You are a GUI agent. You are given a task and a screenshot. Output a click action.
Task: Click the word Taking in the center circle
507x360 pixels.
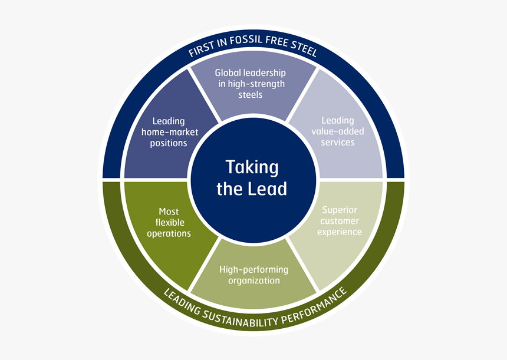coord(252,167)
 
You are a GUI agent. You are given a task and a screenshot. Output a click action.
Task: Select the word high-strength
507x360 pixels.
coord(255,84)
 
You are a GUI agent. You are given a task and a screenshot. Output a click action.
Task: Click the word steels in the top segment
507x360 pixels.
coord(251,94)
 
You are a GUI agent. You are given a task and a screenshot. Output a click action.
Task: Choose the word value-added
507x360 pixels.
coord(337,131)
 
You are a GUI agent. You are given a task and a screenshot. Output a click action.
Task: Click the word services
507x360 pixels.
coord(338,143)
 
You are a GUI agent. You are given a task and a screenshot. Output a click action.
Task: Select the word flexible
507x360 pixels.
coord(170,223)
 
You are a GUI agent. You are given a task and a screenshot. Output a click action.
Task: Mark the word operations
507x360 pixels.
coord(169,233)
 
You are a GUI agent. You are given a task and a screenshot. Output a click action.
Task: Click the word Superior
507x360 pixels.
coord(340,210)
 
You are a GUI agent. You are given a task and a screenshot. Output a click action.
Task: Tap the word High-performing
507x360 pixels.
coord(254,270)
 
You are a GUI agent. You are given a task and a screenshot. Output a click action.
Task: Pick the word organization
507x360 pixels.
coord(254,280)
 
